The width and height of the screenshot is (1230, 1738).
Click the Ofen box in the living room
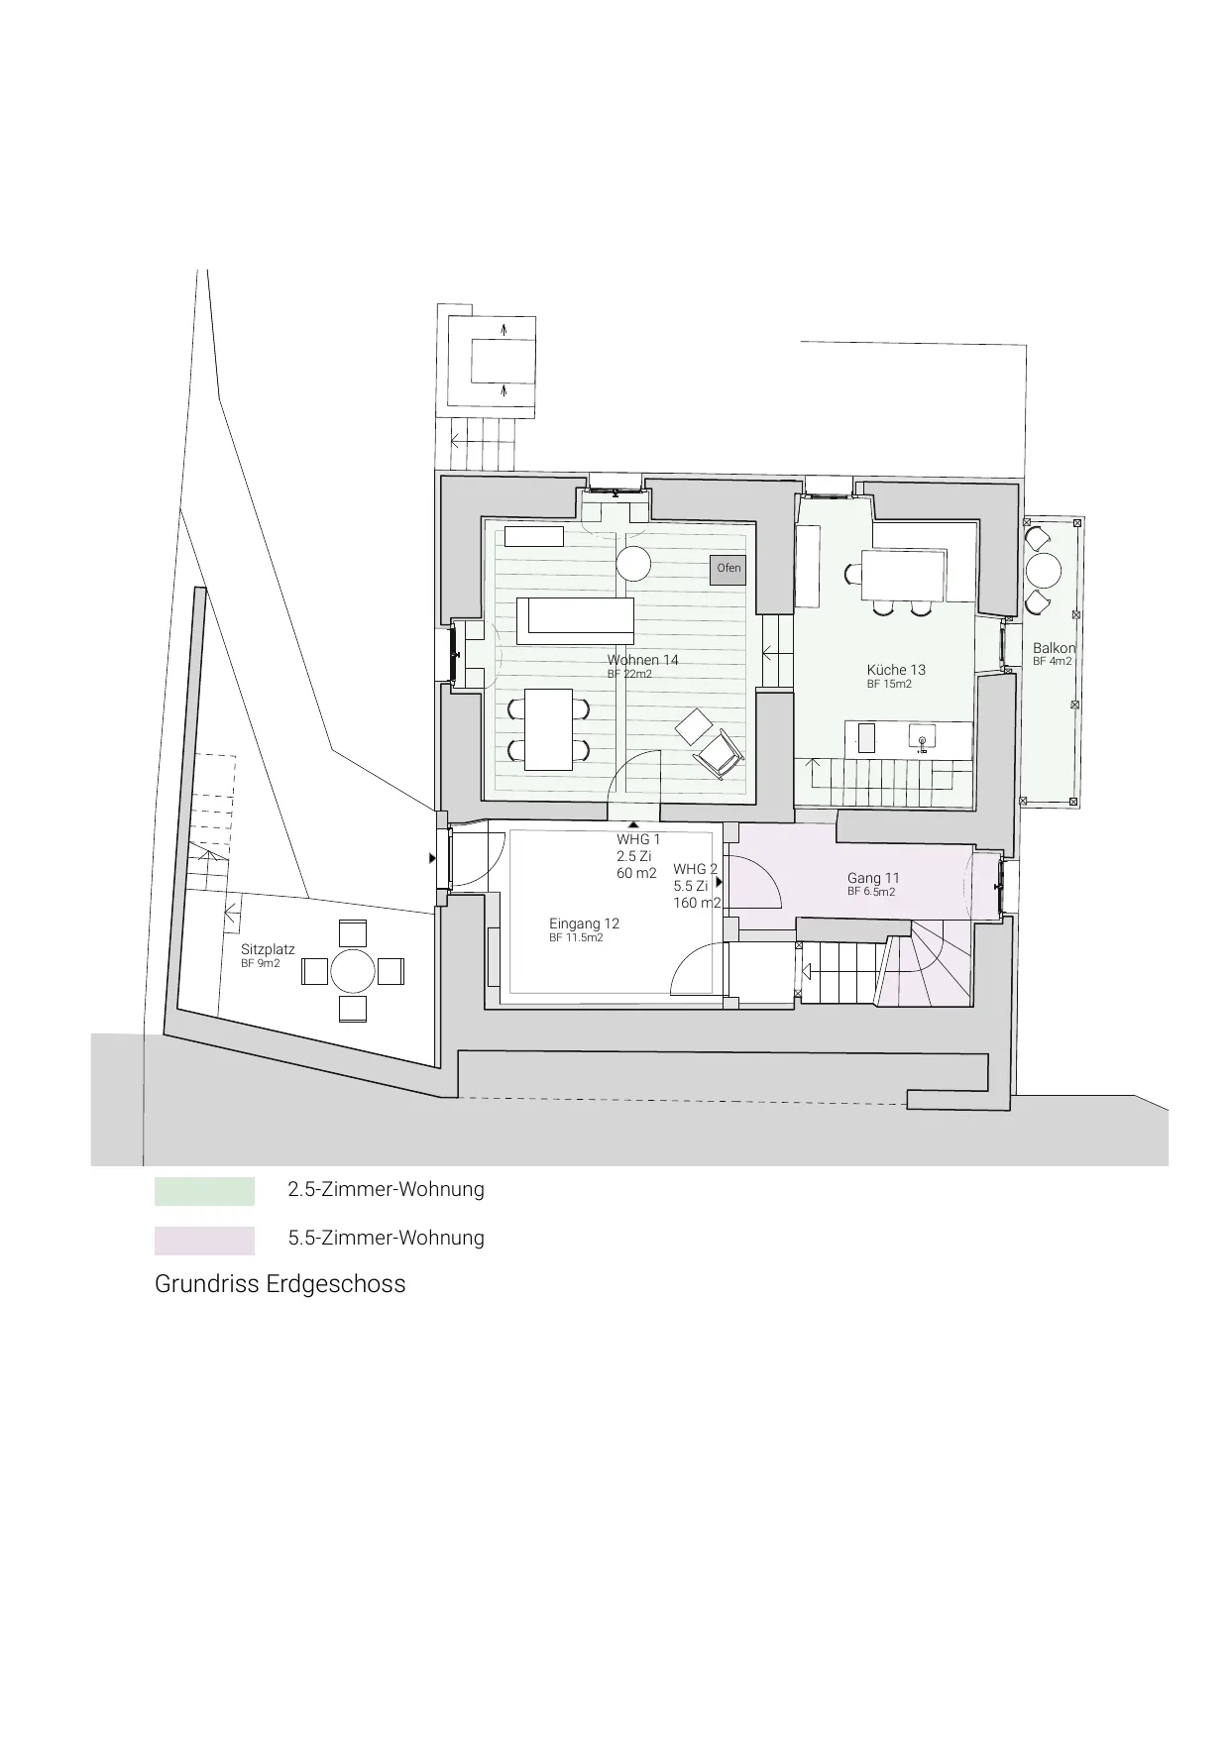(728, 569)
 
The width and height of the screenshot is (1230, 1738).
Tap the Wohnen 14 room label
(642, 660)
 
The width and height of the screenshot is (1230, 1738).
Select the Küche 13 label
(896, 670)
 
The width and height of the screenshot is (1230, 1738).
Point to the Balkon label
(1054, 648)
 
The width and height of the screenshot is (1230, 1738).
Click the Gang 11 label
(873, 878)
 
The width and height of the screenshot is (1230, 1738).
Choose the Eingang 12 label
(584, 923)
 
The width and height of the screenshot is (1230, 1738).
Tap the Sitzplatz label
(268, 949)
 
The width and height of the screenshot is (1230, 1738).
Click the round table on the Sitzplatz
(353, 971)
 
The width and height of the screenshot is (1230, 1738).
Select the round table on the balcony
(1043, 571)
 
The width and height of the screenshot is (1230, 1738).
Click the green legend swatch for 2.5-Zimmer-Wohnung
(204, 1191)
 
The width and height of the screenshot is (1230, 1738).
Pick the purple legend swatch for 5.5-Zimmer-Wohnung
(204, 1241)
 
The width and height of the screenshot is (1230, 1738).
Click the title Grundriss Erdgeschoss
(280, 1284)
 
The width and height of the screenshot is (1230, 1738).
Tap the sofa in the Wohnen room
(575, 620)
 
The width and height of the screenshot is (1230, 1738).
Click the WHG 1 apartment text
(638, 839)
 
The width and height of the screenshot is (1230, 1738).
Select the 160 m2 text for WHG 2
(697, 903)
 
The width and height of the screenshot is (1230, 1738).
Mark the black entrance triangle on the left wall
(432, 858)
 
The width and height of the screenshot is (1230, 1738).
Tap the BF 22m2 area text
(629, 674)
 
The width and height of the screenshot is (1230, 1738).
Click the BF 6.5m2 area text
(871, 892)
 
